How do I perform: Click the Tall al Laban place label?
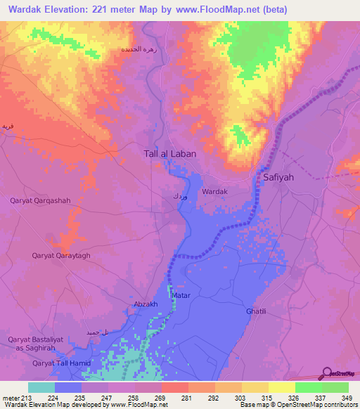click(169, 152)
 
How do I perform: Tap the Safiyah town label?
click(278, 178)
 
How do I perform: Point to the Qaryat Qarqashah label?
click(40, 201)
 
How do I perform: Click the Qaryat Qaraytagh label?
click(61, 257)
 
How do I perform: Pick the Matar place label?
click(181, 296)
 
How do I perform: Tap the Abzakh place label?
click(146, 304)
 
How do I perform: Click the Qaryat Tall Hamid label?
click(63, 363)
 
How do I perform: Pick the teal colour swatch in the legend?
click(41, 387)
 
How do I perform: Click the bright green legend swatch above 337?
click(309, 387)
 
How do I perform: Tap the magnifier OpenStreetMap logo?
click(327, 373)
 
